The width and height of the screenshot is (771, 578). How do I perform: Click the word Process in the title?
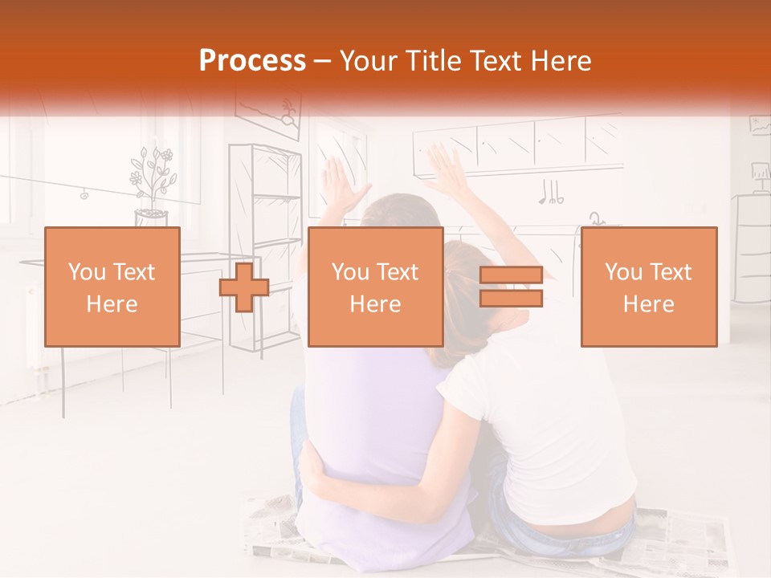252,61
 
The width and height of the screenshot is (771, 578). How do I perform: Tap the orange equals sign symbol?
512,287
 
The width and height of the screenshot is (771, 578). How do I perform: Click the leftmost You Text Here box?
112,287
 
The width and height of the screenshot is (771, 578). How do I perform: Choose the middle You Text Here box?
375,287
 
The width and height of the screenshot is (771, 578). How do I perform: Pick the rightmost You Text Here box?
648,287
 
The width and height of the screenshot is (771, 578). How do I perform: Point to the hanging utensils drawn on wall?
551,193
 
